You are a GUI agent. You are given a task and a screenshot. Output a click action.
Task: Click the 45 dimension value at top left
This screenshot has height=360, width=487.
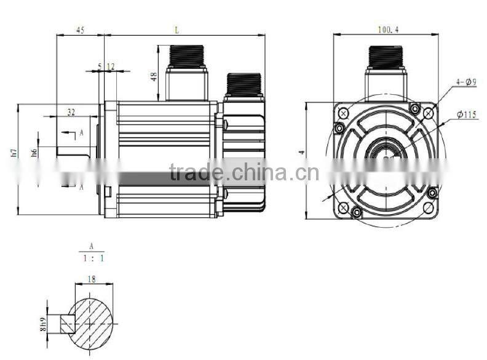click(x=80, y=30)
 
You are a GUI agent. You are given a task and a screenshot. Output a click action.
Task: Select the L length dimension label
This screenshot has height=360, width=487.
click(x=176, y=30)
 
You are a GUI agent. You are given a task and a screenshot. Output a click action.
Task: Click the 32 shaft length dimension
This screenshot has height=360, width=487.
click(x=71, y=112)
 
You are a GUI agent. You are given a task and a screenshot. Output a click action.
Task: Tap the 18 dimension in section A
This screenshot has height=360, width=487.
click(x=92, y=279)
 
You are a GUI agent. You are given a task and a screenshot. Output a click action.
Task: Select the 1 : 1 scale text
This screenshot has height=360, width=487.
click(x=92, y=258)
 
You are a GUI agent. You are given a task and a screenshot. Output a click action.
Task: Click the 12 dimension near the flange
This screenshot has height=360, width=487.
click(x=111, y=66)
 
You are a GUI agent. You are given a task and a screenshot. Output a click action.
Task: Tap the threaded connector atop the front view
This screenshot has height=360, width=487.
click(x=386, y=58)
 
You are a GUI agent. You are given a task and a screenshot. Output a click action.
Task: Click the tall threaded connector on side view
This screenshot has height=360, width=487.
click(x=188, y=58)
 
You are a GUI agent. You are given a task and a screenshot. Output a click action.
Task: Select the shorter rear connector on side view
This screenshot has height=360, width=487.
click(x=244, y=85)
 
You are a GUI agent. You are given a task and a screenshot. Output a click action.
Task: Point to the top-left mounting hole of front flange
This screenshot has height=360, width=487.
click(x=343, y=113)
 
